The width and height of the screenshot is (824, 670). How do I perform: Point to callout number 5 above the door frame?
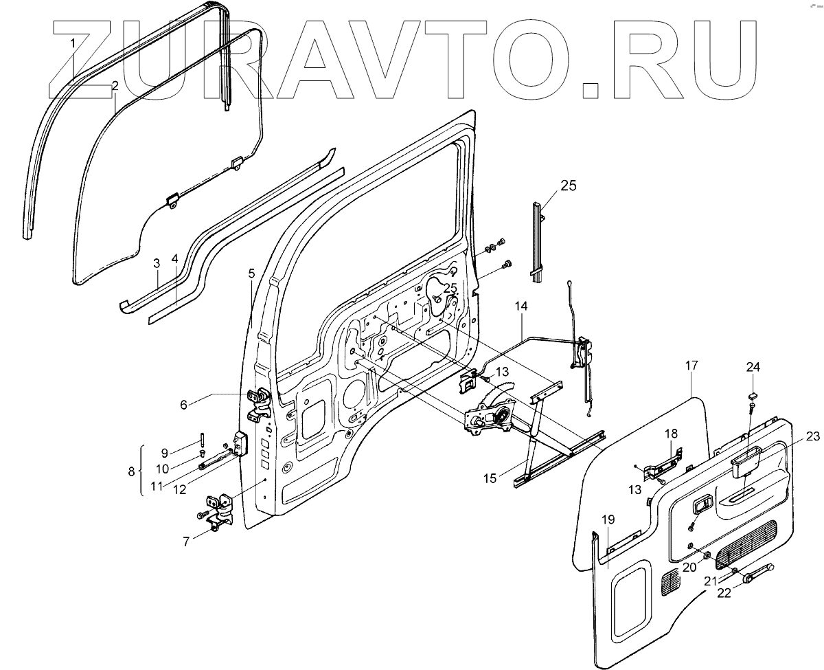click(x=251, y=273)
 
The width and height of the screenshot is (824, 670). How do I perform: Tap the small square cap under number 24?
click(x=752, y=396)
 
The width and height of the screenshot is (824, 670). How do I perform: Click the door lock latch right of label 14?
click(x=584, y=353)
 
